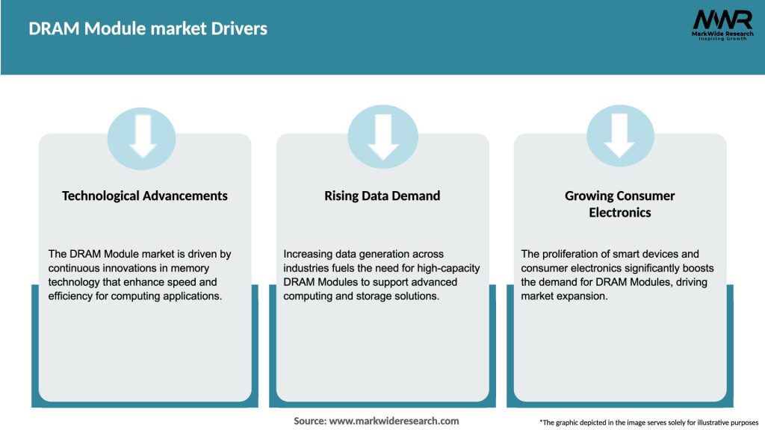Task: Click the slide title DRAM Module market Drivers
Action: [x=148, y=29]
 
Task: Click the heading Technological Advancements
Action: [x=145, y=196]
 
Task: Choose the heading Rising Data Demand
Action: [x=382, y=196]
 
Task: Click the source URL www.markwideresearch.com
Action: [x=394, y=421]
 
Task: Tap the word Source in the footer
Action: [x=309, y=421]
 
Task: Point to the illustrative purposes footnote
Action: [x=648, y=423]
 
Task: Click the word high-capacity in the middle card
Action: [x=451, y=268]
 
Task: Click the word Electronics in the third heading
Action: [x=620, y=213]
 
